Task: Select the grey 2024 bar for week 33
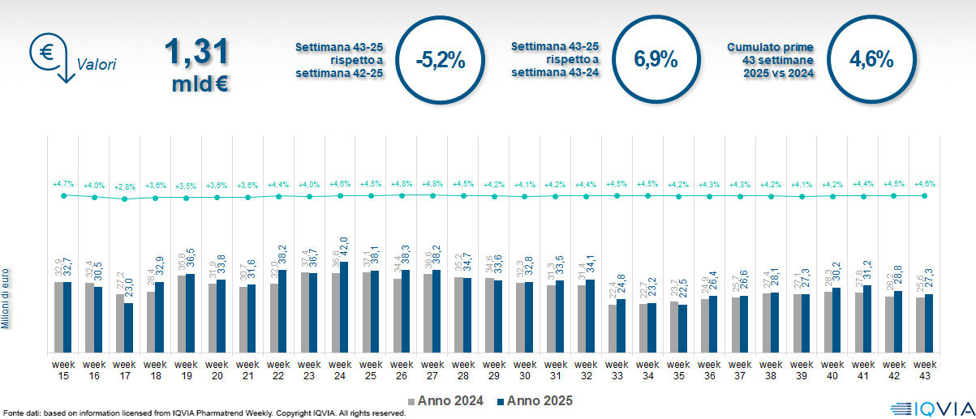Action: point(613,328)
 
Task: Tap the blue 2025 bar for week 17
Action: point(129,327)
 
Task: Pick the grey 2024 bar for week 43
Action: point(920,324)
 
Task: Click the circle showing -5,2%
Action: point(439,60)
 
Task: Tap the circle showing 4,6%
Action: point(871,60)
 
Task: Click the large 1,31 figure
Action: point(196,53)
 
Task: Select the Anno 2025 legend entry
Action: point(535,400)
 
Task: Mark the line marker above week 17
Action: point(124,199)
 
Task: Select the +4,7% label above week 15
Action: point(62,185)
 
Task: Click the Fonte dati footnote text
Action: point(203,413)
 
